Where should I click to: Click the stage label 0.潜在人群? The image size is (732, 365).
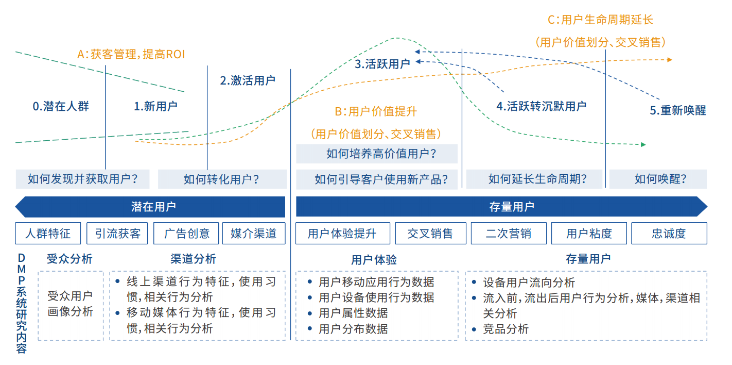click(61, 107)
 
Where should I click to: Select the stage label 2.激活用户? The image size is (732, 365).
click(248, 80)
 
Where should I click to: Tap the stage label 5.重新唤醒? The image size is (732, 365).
click(677, 110)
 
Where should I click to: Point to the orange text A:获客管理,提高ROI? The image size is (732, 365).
click(131, 54)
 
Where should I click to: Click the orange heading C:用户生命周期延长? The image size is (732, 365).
click(600, 20)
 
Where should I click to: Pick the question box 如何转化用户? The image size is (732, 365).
click(222, 179)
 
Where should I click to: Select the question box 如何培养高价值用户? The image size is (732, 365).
click(377, 154)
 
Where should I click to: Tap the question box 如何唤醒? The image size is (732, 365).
click(658, 179)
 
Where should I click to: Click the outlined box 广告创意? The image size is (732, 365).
click(186, 234)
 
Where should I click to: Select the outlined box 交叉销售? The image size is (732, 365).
click(430, 234)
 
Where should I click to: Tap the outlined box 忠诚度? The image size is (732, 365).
click(669, 234)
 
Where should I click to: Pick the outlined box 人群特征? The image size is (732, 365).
click(48, 234)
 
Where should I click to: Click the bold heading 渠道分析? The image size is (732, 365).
click(193, 259)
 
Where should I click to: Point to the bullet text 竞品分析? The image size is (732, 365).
click(506, 329)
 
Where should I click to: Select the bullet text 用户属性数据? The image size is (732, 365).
click(353, 313)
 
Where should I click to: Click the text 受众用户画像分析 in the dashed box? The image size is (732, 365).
click(71, 304)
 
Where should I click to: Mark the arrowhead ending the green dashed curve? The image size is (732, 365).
click(643, 145)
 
